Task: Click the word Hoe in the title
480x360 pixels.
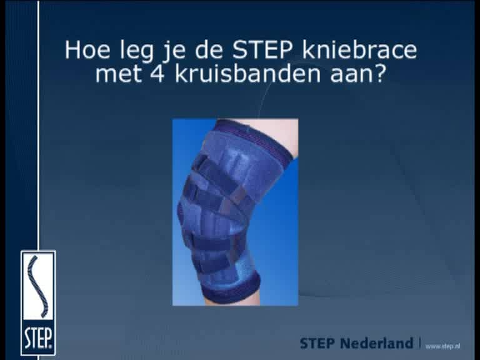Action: (x=87, y=50)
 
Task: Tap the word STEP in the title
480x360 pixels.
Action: (x=262, y=50)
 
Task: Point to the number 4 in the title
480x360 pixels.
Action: (x=157, y=74)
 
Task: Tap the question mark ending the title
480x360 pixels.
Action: (x=377, y=74)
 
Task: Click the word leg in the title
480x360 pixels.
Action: (x=137, y=51)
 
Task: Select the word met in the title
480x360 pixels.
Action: (x=119, y=75)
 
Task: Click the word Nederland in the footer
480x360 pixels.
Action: (x=376, y=343)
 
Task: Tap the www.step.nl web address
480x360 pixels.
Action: (x=442, y=346)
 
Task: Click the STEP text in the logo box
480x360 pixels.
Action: (x=38, y=338)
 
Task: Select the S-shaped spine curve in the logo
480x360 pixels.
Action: (x=37, y=286)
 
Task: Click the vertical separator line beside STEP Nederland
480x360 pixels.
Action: (x=419, y=343)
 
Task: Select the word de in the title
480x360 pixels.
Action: (x=209, y=50)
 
